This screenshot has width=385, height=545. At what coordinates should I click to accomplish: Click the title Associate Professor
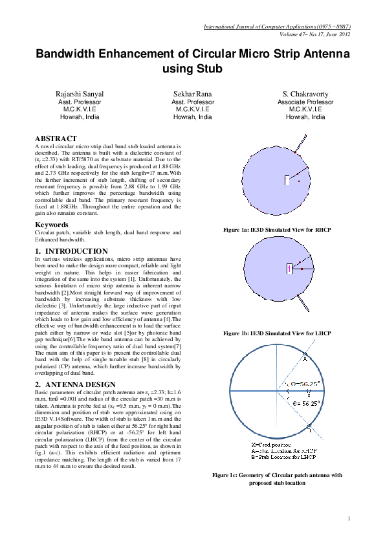pos(305,102)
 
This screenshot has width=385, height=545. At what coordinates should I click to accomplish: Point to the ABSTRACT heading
pos(56,139)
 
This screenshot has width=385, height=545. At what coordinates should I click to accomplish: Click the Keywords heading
pos(51,225)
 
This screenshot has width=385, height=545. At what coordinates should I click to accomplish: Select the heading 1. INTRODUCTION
pos(71,251)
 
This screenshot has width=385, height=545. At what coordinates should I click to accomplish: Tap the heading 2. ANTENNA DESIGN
pos(76,384)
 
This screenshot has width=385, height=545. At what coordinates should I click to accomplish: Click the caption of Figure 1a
pos(276,229)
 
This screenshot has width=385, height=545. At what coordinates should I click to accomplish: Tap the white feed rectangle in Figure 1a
pos(286,181)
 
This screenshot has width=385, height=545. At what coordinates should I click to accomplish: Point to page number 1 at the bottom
pos(348,518)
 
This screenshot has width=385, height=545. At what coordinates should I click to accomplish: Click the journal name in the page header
pos(277,27)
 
